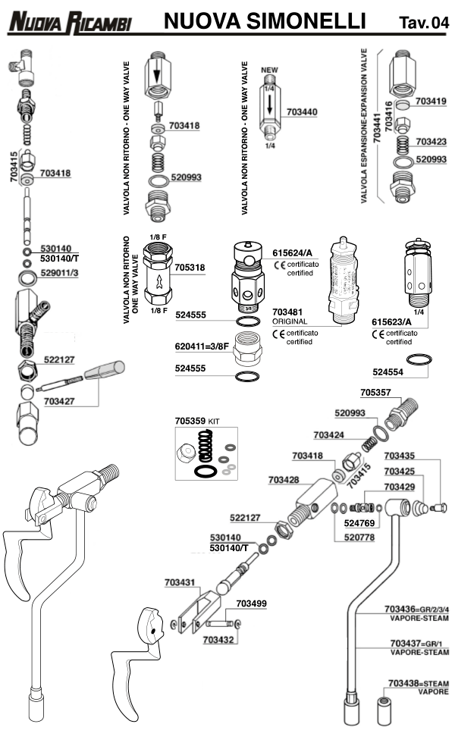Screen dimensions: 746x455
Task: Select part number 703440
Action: [x=303, y=111]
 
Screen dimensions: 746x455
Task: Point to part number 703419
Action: [x=431, y=100]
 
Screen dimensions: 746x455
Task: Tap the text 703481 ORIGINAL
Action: [x=290, y=316]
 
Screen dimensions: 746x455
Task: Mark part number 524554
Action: [x=388, y=372]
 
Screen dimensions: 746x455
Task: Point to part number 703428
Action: [x=284, y=479]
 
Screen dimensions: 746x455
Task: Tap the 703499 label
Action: [x=251, y=603]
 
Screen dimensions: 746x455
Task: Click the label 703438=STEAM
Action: [x=418, y=683]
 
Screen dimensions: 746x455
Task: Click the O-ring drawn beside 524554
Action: [x=418, y=359]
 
